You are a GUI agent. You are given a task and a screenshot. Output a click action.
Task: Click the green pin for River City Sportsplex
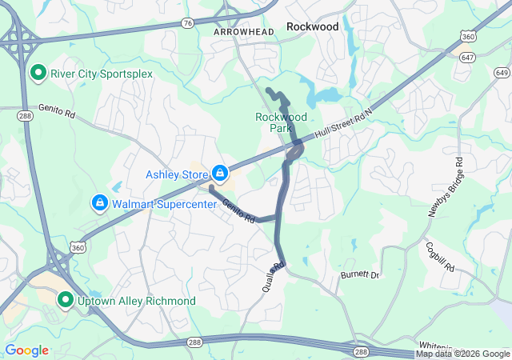38,74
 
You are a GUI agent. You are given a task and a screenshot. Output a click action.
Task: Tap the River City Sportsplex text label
101,74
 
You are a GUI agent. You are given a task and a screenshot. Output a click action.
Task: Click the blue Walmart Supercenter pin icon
99,203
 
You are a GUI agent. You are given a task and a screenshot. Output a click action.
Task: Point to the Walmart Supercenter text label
164,204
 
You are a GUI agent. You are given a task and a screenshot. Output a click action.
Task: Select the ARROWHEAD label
244,31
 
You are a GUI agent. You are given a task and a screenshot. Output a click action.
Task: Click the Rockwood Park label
281,122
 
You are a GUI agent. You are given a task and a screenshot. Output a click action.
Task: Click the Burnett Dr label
360,274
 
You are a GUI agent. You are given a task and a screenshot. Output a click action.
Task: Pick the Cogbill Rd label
441,257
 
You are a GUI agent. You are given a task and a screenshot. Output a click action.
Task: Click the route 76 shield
186,22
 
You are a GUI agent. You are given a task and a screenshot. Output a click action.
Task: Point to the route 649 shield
501,73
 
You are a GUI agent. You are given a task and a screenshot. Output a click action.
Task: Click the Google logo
26,350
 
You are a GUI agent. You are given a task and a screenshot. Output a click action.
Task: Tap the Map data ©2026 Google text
462,354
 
